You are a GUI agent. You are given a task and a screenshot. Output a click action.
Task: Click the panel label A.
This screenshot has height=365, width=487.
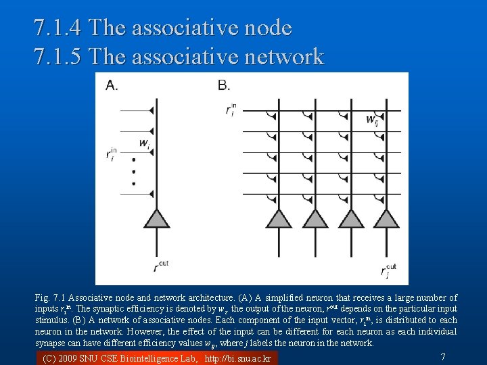click(x=112, y=85)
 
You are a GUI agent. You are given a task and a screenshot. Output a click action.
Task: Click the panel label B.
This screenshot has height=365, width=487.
click(x=224, y=85)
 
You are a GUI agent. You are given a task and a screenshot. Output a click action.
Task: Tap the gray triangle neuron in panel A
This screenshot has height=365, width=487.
click(x=157, y=218)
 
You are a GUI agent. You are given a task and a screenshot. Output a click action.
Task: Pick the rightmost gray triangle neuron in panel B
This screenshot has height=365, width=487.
click(x=388, y=218)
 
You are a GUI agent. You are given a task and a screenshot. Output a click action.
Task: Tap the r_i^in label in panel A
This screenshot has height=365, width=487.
click(x=112, y=155)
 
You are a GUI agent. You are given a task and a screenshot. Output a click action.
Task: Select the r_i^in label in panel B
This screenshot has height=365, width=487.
click(x=231, y=109)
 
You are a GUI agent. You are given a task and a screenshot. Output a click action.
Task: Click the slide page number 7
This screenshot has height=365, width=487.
click(x=442, y=356)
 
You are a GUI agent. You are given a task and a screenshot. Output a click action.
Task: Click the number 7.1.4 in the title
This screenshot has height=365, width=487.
click(x=58, y=28)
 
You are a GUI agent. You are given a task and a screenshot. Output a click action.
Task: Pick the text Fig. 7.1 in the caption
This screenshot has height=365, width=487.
click(x=50, y=297)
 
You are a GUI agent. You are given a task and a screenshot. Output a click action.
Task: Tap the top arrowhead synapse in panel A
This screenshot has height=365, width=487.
click(x=152, y=110)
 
